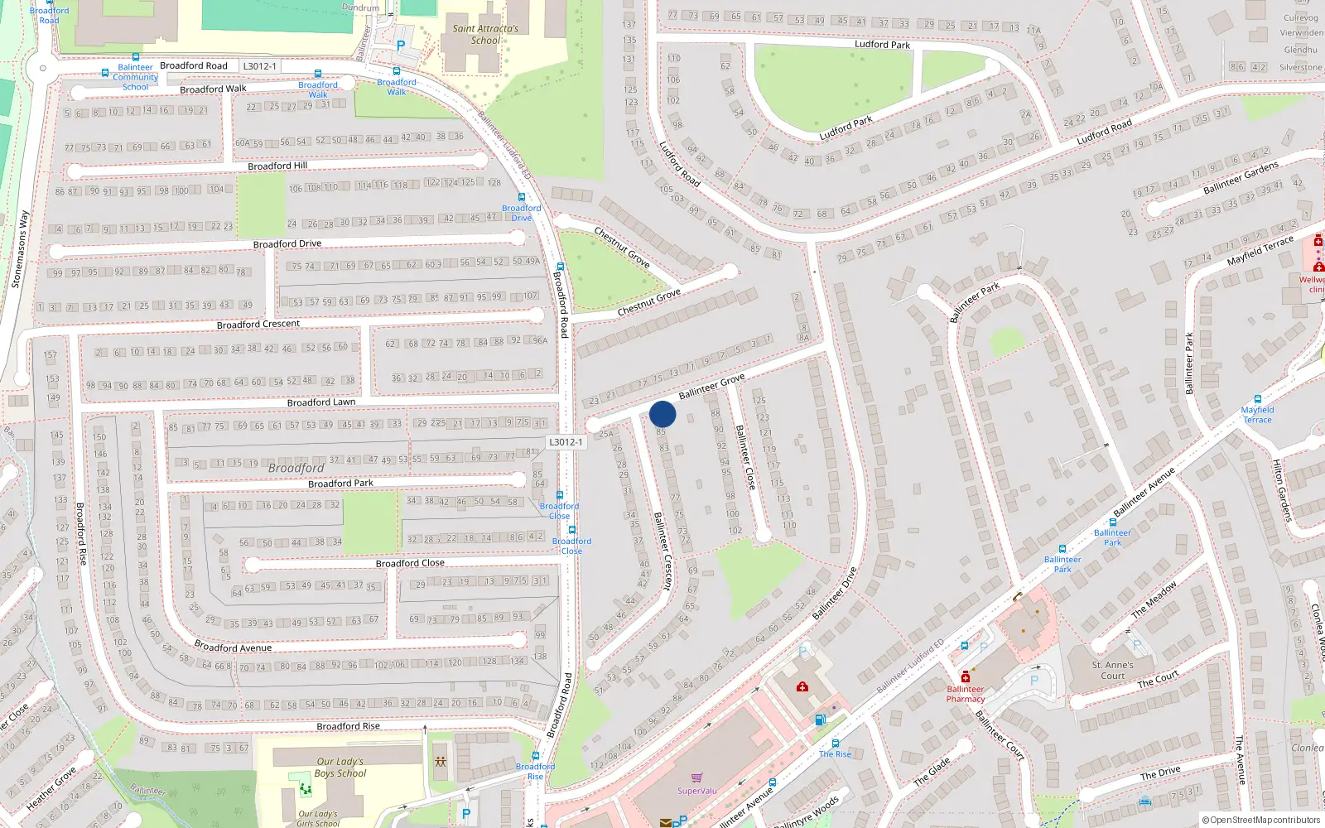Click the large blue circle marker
point(662,414)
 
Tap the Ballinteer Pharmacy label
point(966,694)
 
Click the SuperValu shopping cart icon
point(696,777)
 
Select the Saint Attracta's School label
point(485,34)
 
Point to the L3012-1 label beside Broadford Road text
point(259,66)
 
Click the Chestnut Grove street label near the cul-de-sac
point(648,302)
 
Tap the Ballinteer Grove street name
point(711,386)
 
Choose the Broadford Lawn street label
point(321,402)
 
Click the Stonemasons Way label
point(20,249)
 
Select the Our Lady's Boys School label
point(340,768)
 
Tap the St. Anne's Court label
point(1113,670)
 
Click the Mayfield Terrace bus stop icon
point(1258,399)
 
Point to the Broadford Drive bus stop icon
point(522,197)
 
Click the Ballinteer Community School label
point(135,77)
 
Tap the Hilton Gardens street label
point(1282,490)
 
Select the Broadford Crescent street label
point(258,324)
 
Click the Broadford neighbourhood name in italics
point(296,468)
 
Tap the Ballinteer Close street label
point(745,457)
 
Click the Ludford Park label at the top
point(882,44)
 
